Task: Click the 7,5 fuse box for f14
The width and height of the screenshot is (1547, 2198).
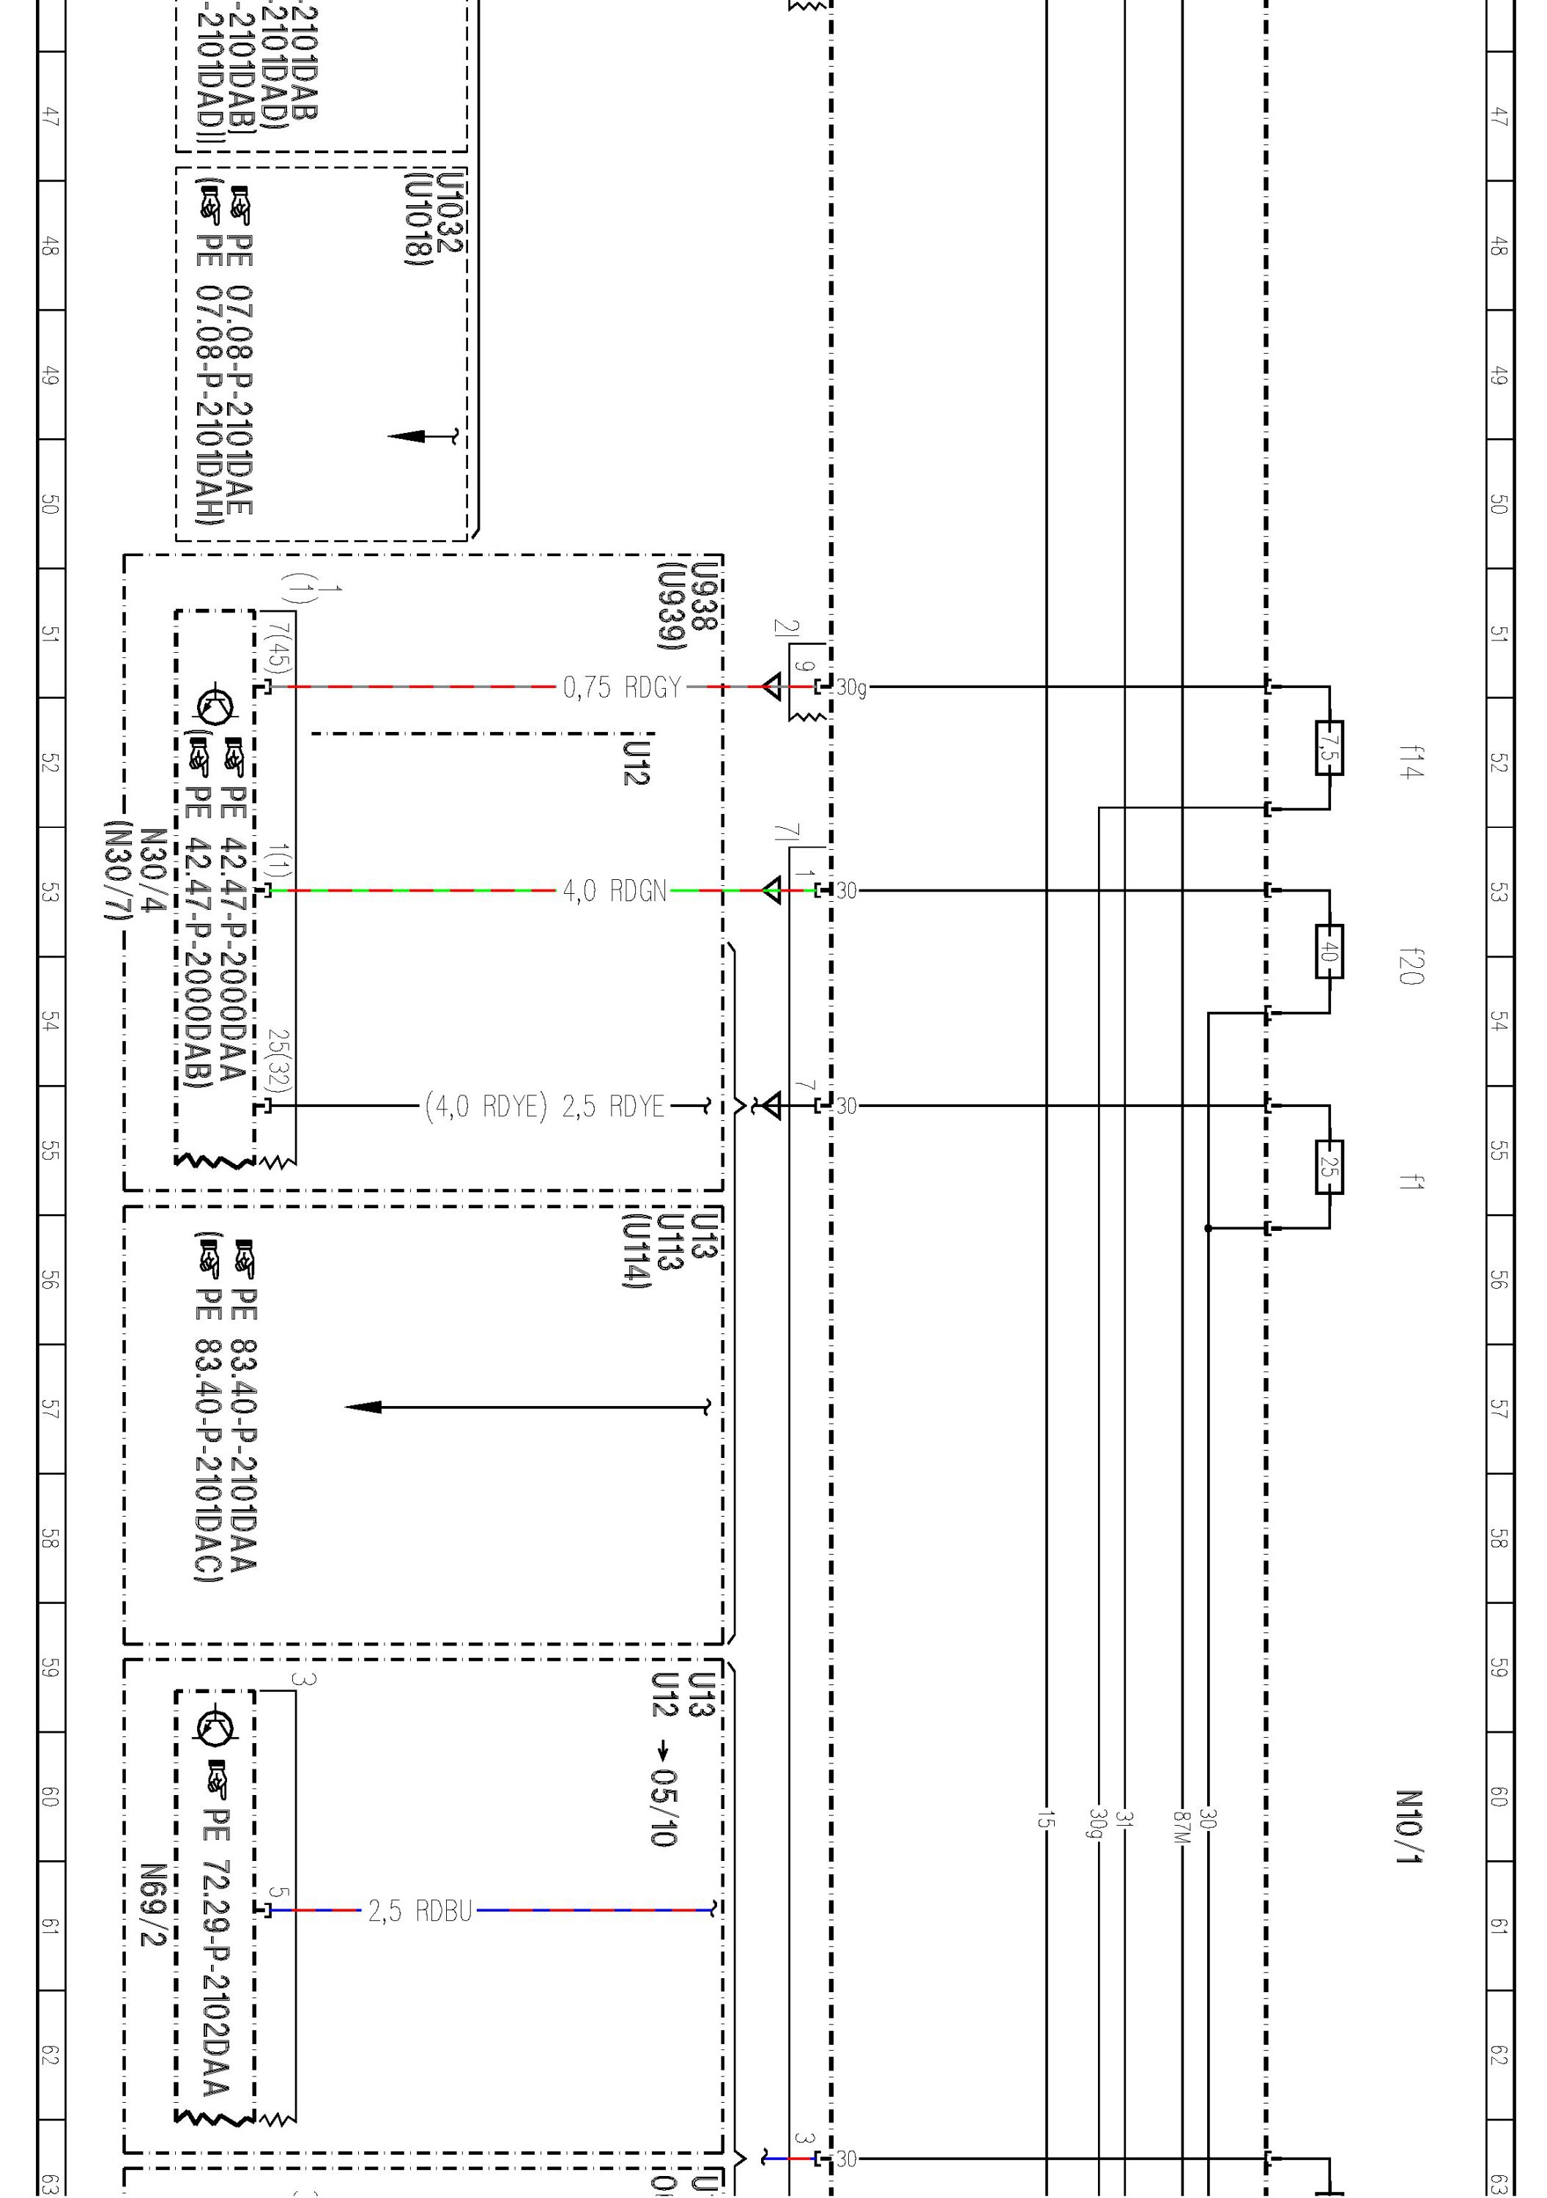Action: [1329, 747]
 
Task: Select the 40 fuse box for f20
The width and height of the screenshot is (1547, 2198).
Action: [1329, 952]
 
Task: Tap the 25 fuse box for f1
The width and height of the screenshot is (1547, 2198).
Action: [1329, 1167]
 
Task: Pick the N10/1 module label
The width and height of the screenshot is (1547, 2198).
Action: [1409, 1827]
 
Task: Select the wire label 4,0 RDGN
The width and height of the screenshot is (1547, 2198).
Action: [614, 891]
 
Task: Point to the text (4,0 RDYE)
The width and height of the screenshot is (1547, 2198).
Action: [486, 1106]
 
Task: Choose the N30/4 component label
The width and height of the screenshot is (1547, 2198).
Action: [153, 871]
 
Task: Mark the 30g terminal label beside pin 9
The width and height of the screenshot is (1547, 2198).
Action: [851, 687]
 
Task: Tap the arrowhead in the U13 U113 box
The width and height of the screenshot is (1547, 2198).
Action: [364, 1407]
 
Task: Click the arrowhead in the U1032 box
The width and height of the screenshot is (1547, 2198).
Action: [406, 437]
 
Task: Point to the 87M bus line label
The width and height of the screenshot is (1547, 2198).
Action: [1182, 1826]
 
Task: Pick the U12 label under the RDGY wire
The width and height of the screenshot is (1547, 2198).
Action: [637, 762]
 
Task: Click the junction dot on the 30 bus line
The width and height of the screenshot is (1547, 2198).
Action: [1208, 1228]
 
